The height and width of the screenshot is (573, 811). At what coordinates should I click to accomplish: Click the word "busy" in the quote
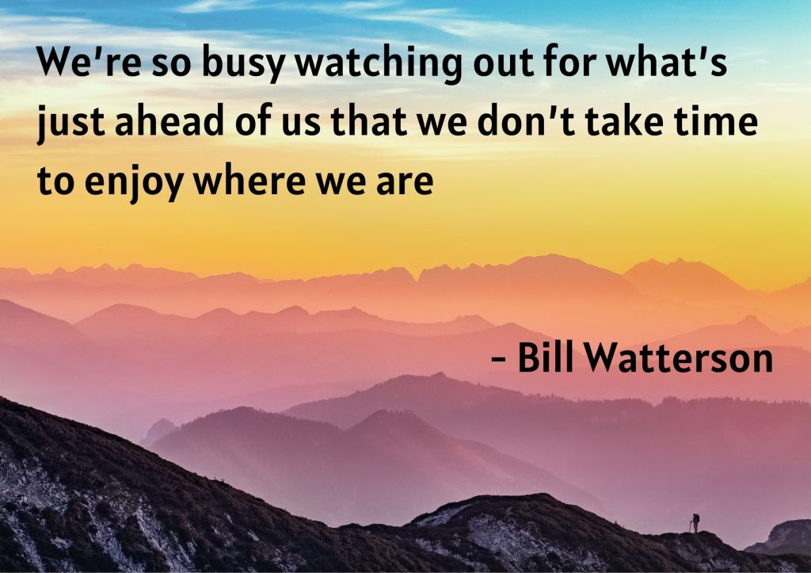pos(243,63)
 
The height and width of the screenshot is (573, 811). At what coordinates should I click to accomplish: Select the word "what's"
pos(666,61)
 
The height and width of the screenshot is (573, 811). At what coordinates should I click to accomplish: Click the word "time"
pos(715,120)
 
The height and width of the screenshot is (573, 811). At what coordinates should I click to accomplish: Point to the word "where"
pos(249,180)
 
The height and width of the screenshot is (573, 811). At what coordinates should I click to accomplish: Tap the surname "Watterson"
pos(679,357)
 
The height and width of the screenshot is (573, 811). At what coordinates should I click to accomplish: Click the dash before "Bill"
pos(499,359)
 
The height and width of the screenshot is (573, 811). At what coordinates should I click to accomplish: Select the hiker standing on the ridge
pos(695,523)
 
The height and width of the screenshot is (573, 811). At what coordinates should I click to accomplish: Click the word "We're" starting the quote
pos(89,61)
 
